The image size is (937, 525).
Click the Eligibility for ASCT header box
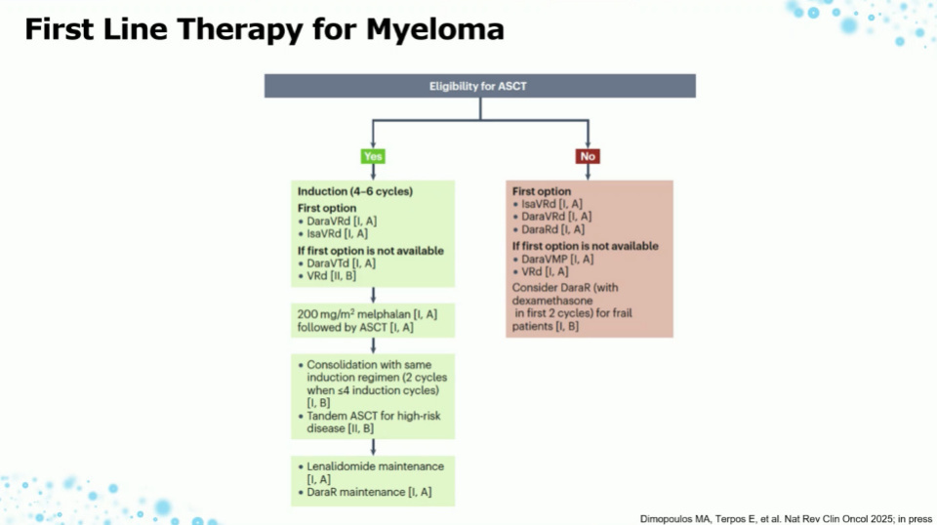tap(479, 86)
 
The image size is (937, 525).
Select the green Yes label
tap(373, 156)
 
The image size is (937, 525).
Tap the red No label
tap(588, 156)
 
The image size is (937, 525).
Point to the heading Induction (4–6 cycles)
tap(354, 192)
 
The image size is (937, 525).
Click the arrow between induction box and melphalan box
tap(373, 295)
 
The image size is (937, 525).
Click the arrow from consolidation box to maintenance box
tap(373, 446)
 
